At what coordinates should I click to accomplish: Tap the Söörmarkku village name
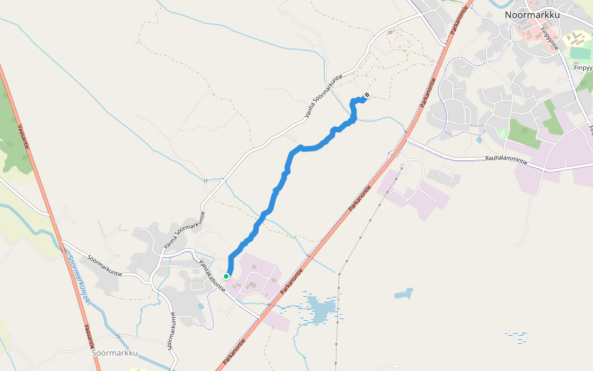point(114,353)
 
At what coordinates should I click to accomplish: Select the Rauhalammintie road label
point(506,160)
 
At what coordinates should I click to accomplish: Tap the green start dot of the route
point(227,276)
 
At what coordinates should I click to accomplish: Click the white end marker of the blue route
point(367,95)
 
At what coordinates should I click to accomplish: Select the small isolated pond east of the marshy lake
point(405,292)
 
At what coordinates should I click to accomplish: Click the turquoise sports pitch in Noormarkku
point(580,53)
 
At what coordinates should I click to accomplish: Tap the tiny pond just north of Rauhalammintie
point(479,140)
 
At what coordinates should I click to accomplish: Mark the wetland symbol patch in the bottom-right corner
point(516,337)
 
